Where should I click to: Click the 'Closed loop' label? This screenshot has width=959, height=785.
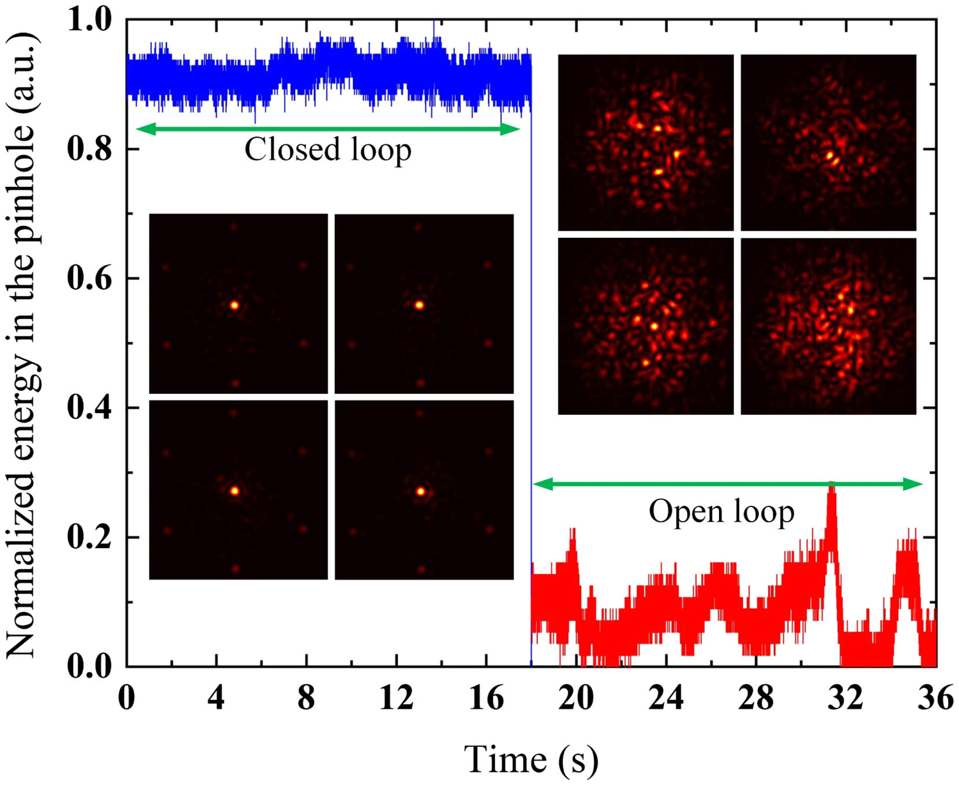(x=328, y=150)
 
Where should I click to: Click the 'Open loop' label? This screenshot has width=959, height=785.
(x=721, y=512)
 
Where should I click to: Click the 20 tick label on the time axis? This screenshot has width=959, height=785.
(x=576, y=697)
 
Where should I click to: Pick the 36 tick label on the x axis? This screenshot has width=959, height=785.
(x=935, y=697)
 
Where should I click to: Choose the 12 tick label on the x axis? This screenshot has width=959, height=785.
(x=396, y=697)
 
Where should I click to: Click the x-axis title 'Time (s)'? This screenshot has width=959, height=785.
(x=531, y=759)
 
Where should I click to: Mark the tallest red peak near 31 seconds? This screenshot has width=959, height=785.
(x=831, y=485)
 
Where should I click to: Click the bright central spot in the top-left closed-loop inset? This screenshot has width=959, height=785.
(x=234, y=305)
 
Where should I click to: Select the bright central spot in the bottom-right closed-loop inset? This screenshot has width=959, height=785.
(x=420, y=491)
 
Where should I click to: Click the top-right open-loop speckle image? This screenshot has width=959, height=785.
(x=829, y=143)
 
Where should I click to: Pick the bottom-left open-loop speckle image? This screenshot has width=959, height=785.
(x=645, y=326)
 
